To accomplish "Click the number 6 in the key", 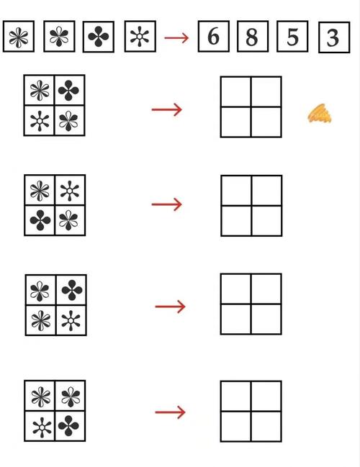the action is (213, 37).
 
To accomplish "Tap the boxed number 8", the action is (252, 37).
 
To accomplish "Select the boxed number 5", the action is (292, 37).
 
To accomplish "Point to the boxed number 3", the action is (333, 38).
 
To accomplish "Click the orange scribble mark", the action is (320, 114).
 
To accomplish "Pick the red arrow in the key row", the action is (176, 38).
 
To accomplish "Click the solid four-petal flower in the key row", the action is (99, 37).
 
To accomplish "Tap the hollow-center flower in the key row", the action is (140, 37).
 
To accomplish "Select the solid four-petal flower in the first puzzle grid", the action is (68, 90).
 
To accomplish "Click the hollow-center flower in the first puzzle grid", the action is (40, 121).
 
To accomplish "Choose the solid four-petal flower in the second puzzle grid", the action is (40, 220).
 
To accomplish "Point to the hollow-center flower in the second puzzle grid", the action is (70, 191).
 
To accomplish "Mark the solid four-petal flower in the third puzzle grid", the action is (71, 290).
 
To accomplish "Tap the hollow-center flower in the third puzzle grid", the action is (71, 320).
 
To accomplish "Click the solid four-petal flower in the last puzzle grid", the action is (68, 426).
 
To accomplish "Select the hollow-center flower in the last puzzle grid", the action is (42, 427).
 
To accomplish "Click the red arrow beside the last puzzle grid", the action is (170, 412).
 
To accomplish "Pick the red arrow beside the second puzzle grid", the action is (167, 204).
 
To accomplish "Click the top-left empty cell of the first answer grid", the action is (235, 91).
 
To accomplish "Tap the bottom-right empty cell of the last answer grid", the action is (266, 426).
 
